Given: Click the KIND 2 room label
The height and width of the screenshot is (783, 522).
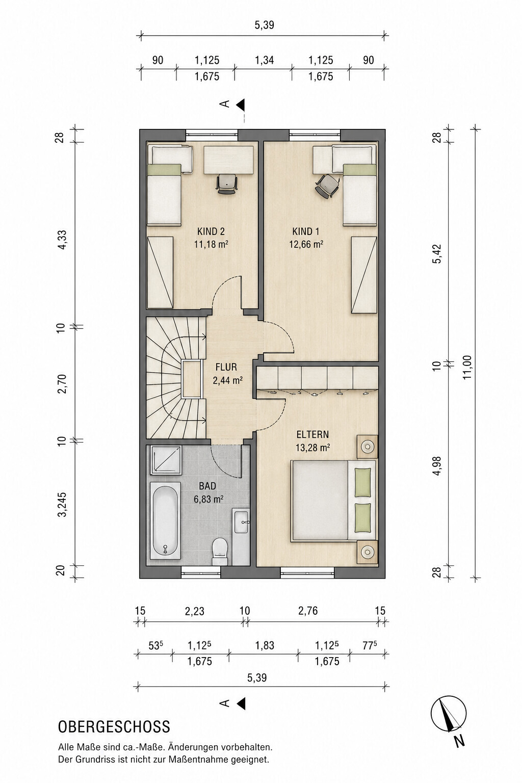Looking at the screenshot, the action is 211,231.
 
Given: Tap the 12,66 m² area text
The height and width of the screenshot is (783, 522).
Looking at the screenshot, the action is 306,244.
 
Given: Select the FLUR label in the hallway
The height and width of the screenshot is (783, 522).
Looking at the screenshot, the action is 226,367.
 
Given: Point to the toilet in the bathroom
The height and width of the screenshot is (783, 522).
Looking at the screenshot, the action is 220,552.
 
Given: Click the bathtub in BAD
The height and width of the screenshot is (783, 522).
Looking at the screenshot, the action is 165,520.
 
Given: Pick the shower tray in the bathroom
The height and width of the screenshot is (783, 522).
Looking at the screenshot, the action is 166,460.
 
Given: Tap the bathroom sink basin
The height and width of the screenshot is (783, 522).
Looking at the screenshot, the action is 241,522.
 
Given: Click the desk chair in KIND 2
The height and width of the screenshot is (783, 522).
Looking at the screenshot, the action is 227,184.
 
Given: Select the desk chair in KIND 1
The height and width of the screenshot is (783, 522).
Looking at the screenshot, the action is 327,186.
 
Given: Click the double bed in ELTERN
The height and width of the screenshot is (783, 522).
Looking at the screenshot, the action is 333,501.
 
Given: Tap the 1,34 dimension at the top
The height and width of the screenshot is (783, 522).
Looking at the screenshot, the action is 265,60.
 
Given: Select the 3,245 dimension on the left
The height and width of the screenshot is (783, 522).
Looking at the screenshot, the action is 62,504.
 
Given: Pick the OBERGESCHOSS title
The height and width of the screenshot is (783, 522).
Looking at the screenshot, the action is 114,727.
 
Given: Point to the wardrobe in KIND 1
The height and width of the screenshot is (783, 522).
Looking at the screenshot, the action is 364,275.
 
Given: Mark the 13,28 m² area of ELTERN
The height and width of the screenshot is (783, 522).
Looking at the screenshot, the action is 313,448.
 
